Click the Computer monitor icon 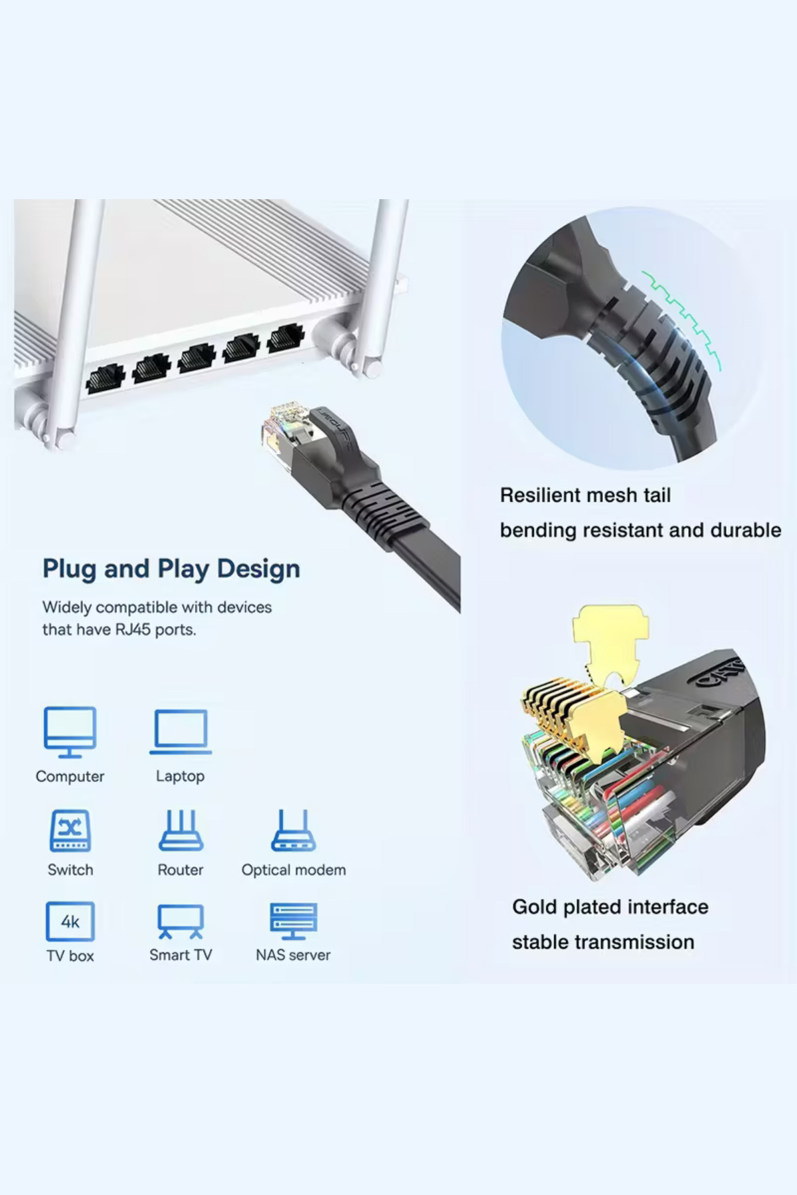coord(70,732)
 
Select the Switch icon coord(70,831)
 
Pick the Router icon coord(181,831)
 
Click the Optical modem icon coord(294,831)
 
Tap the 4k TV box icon coord(70,921)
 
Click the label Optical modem coord(294,870)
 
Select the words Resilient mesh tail coord(585,495)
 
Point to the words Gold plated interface coord(610,907)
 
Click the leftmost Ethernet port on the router coord(105,378)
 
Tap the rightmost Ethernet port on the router coord(286,338)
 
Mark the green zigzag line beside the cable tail coord(683,319)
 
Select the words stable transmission coord(603,942)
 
